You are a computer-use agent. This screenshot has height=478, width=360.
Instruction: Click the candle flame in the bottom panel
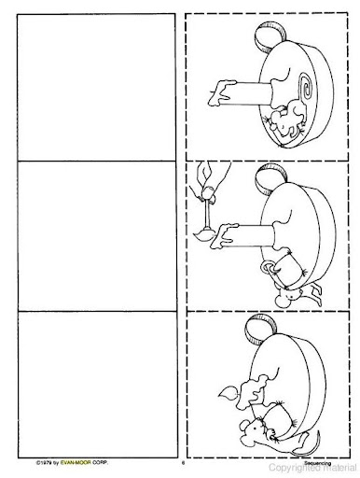click(x=227, y=393)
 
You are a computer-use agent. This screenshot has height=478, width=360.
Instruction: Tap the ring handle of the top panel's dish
click(x=270, y=35)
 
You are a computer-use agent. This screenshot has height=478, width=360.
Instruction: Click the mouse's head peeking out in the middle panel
click(x=290, y=296)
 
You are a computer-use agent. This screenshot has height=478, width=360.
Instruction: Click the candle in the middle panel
click(x=244, y=235)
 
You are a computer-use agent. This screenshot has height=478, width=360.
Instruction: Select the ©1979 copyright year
click(x=44, y=463)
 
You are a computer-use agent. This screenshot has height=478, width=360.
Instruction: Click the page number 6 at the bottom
click(x=183, y=463)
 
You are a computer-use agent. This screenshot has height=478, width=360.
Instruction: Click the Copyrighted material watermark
click(x=312, y=468)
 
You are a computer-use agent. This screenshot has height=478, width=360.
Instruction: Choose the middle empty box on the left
click(x=97, y=236)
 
